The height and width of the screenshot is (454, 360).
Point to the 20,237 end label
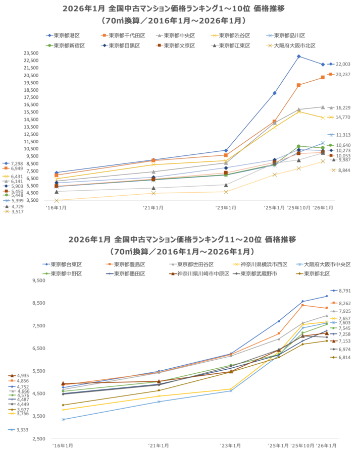343,75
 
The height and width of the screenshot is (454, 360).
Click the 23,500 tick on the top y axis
31,53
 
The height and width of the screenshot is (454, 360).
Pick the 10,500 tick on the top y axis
31,149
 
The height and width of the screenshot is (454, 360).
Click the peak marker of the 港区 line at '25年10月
298,56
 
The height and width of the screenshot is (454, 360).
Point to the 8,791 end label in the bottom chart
345,291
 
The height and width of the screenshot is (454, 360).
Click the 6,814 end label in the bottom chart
345,357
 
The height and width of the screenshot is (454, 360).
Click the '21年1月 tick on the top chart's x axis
153,207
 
